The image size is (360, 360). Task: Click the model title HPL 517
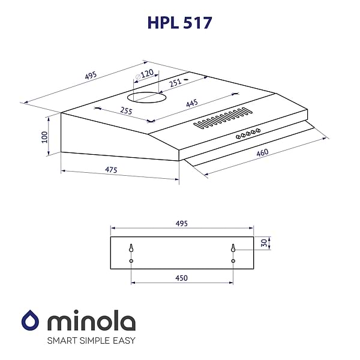[180, 22]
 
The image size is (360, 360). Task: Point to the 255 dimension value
[125, 110]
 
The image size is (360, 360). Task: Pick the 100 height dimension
[44, 137]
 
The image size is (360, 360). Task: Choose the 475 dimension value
[110, 170]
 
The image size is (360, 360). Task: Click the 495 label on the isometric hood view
[91, 76]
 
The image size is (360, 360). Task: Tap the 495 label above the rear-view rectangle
[182, 223]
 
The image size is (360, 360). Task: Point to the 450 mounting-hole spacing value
[182, 278]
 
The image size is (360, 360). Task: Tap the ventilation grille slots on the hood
[222, 118]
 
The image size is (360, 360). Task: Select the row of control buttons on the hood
[248, 133]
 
